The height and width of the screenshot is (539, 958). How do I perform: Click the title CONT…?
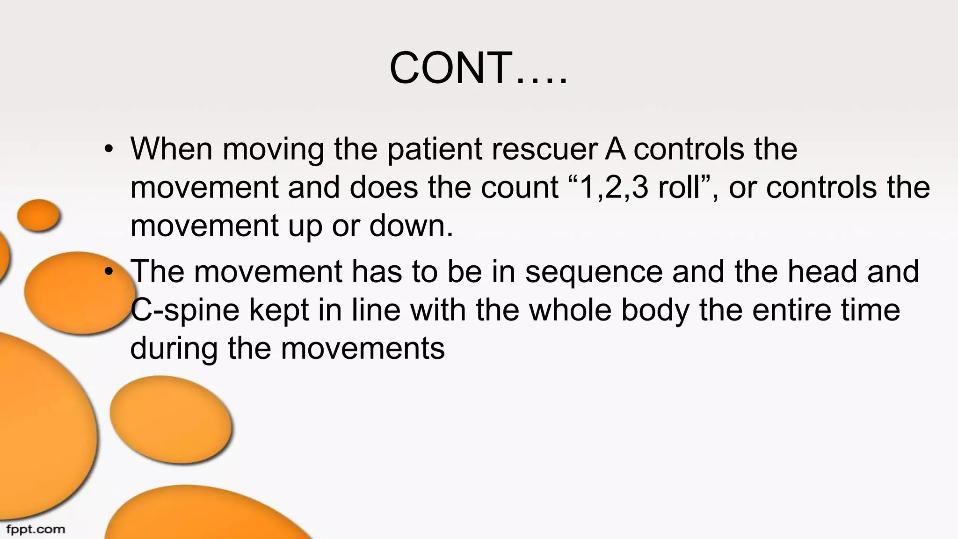pyautogui.click(x=478, y=68)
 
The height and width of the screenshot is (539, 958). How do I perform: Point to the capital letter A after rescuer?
pyautogui.click(x=615, y=149)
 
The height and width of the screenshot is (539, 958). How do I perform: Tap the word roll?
pyautogui.click(x=681, y=187)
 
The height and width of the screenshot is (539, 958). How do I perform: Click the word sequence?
pyautogui.click(x=594, y=271)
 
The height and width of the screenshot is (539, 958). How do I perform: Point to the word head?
pyautogui.click(x=823, y=271)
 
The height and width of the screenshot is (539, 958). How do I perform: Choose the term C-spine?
pyautogui.click(x=185, y=311)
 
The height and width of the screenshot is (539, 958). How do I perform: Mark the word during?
pyautogui.click(x=174, y=349)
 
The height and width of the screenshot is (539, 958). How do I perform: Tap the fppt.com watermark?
pyautogui.click(x=36, y=530)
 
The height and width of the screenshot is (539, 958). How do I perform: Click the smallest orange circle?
pyautogui.click(x=38, y=215)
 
